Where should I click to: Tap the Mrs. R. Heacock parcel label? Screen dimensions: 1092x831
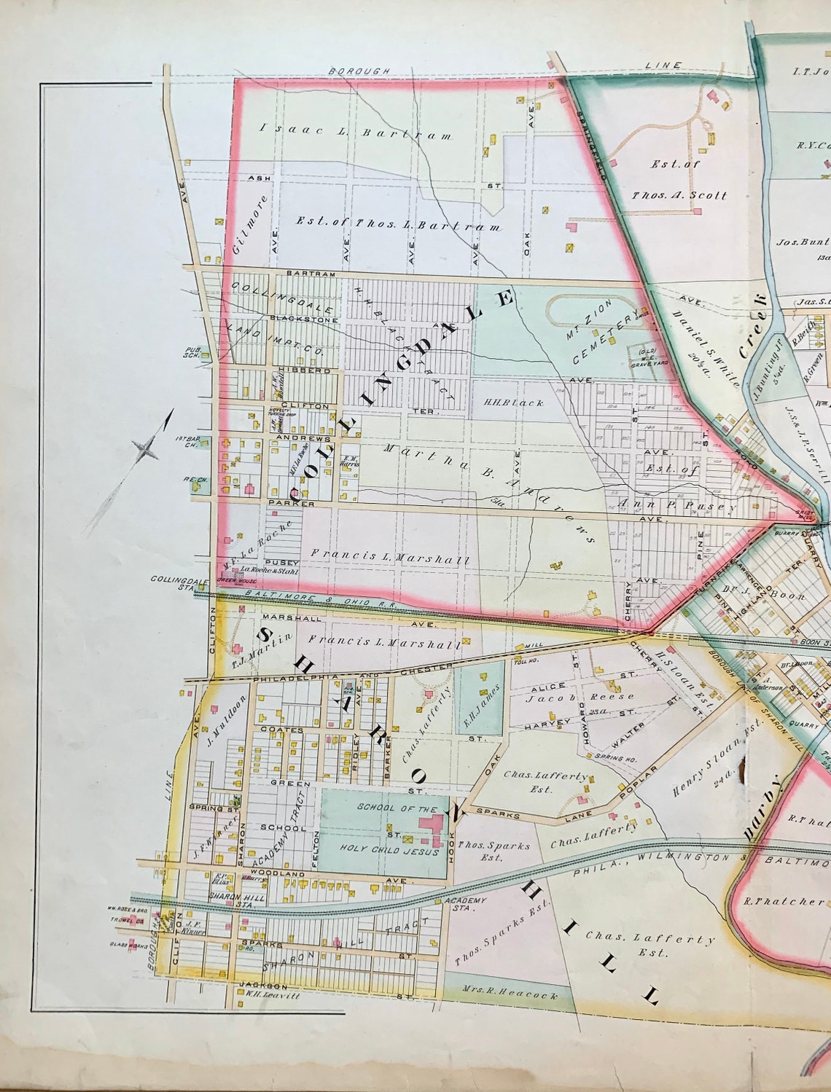pyautogui.click(x=510, y=994)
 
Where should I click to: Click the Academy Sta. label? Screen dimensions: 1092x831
pyautogui.click(x=464, y=905)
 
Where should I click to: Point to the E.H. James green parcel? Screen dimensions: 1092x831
pyautogui.click(x=478, y=696)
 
